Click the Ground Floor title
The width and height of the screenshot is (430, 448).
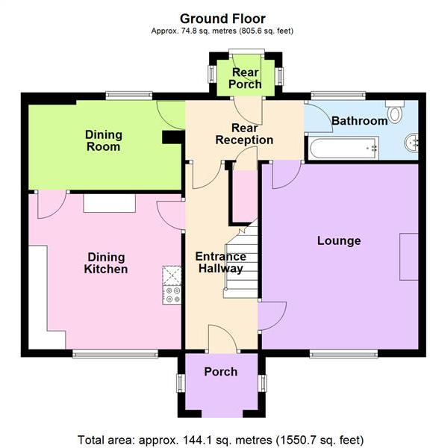coord(222,18)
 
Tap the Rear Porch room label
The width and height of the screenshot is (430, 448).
coord(245,78)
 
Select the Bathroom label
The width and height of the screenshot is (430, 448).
coord(359,120)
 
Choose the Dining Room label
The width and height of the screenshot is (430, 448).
coord(103,141)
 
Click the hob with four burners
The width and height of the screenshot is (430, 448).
coord(172,296)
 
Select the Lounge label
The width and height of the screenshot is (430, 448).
coord(338,240)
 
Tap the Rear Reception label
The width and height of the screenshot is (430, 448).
coord(243,134)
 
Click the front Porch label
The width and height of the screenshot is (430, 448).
coord(220,371)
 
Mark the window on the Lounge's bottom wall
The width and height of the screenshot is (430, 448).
coord(343,353)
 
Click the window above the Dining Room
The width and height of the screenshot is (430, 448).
coord(128,95)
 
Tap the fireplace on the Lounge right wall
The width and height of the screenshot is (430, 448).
coord(409,256)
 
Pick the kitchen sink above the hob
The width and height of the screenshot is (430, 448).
coord(172,276)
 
